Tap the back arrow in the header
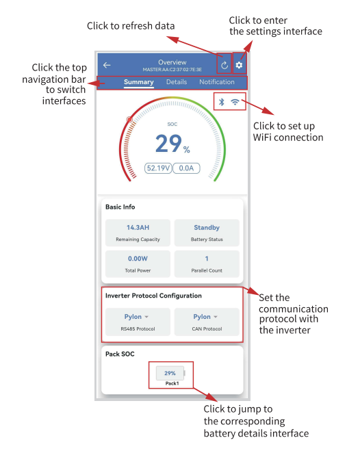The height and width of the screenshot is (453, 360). [x=107, y=65]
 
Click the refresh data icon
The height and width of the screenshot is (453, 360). [x=224, y=65]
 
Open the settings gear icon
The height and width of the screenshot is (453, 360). [x=239, y=65]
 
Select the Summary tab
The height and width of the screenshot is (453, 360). [x=138, y=82]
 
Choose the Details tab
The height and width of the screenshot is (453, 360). [x=176, y=82]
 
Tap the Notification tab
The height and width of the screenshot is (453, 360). [x=216, y=82]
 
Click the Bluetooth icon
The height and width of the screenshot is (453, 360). [x=221, y=101]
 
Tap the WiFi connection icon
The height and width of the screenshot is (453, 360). [x=235, y=101]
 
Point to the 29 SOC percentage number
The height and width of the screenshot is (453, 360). [x=168, y=143]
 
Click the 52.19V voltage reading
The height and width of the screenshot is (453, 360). [x=158, y=168]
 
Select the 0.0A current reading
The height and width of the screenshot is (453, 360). [x=185, y=168]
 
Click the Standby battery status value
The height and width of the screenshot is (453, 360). [x=206, y=227]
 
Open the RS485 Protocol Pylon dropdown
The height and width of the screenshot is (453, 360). [x=137, y=317]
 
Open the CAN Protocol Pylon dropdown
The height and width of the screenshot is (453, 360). [x=206, y=317]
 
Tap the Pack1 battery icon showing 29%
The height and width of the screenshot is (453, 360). [x=171, y=374]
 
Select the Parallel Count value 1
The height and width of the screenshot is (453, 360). [x=206, y=259]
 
